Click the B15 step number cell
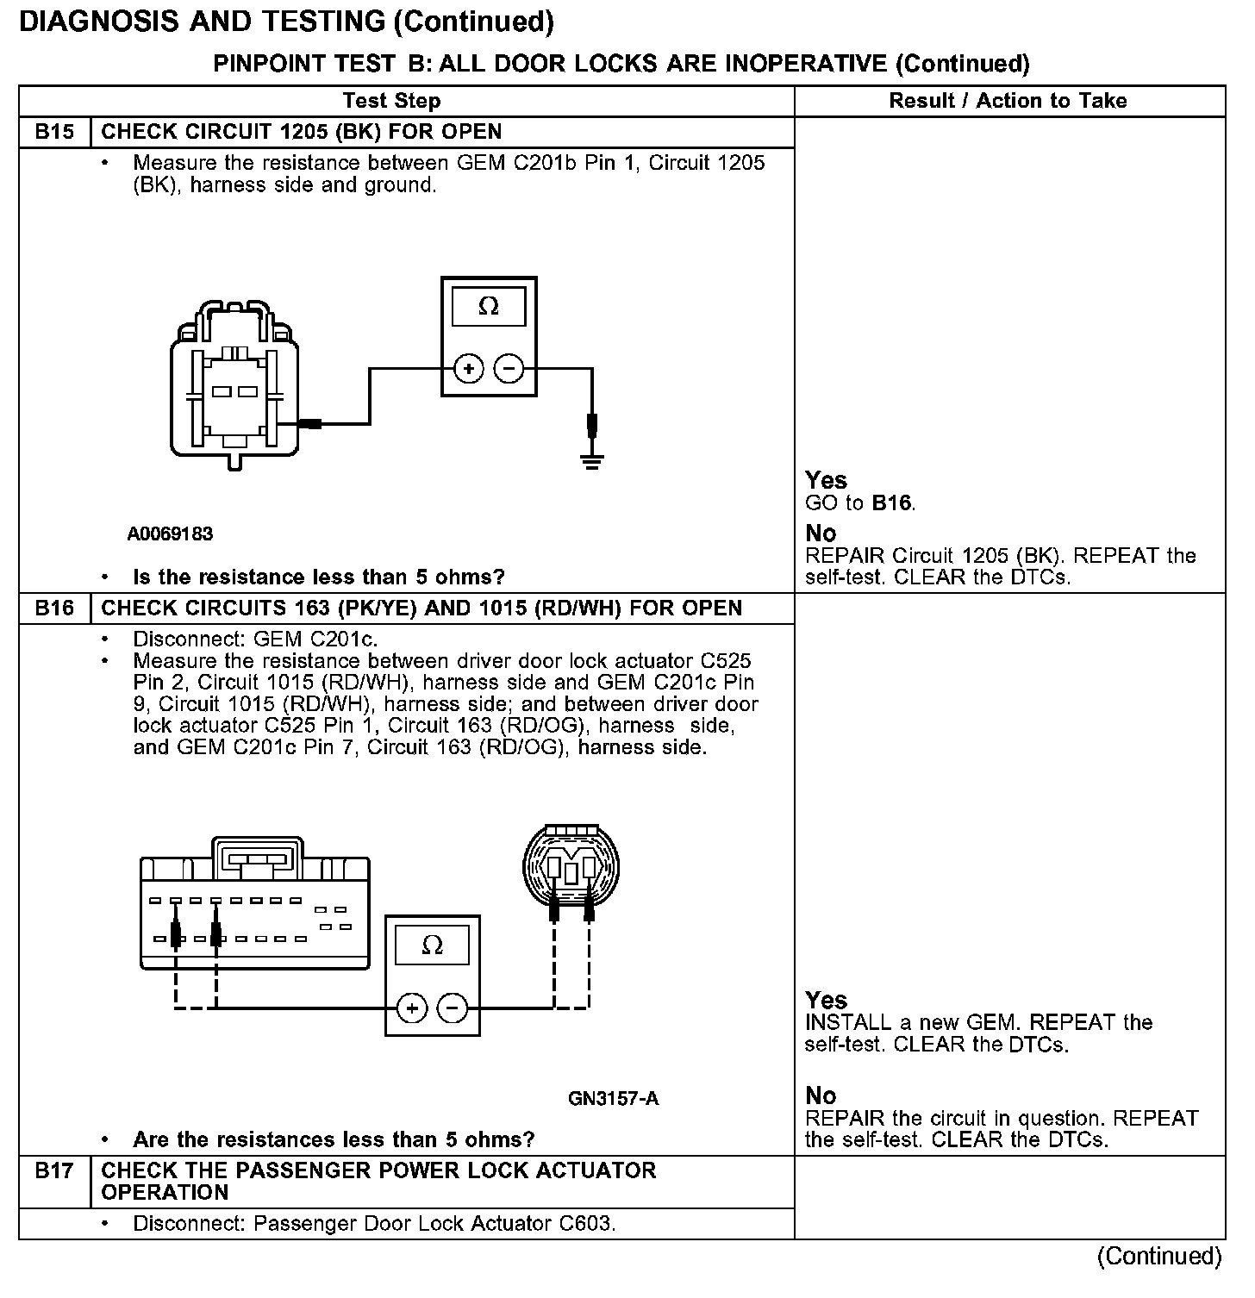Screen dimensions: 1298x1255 pos(54,132)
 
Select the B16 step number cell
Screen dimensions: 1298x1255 pos(54,608)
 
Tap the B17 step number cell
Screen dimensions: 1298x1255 pos(54,1171)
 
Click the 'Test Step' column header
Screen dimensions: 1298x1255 pos(391,101)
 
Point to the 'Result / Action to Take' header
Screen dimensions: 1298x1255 pos(1008,101)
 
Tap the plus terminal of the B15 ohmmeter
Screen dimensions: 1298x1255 pos(469,370)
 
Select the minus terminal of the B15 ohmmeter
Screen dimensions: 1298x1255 pos(509,370)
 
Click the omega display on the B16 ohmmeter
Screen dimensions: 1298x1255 pos(432,945)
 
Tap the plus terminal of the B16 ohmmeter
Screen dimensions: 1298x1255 pos(412,1008)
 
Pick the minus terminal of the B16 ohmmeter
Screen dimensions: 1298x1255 pos(452,1008)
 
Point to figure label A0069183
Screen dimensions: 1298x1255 pos(170,534)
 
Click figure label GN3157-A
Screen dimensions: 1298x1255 pos(613,1098)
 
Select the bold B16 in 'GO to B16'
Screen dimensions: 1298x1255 pos(891,502)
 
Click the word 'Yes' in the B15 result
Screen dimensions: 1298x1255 pos(826,480)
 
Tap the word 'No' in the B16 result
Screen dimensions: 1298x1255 pos(821,1095)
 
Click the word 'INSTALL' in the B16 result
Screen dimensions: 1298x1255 pos(848,1023)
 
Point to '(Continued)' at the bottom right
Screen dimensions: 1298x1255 pos(1159,1256)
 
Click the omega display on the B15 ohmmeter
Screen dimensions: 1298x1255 pos(488,307)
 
